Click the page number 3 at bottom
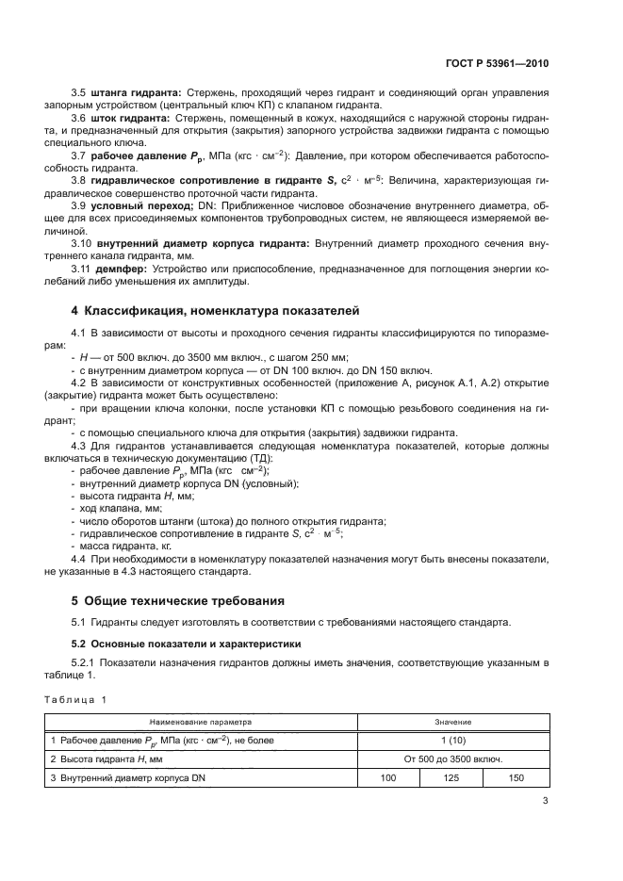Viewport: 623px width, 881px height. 546,802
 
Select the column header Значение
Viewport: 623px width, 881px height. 446,722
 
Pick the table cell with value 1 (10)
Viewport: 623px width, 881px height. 446,741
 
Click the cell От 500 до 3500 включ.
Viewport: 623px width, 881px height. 446,759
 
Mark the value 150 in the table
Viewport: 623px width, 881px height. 516,778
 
